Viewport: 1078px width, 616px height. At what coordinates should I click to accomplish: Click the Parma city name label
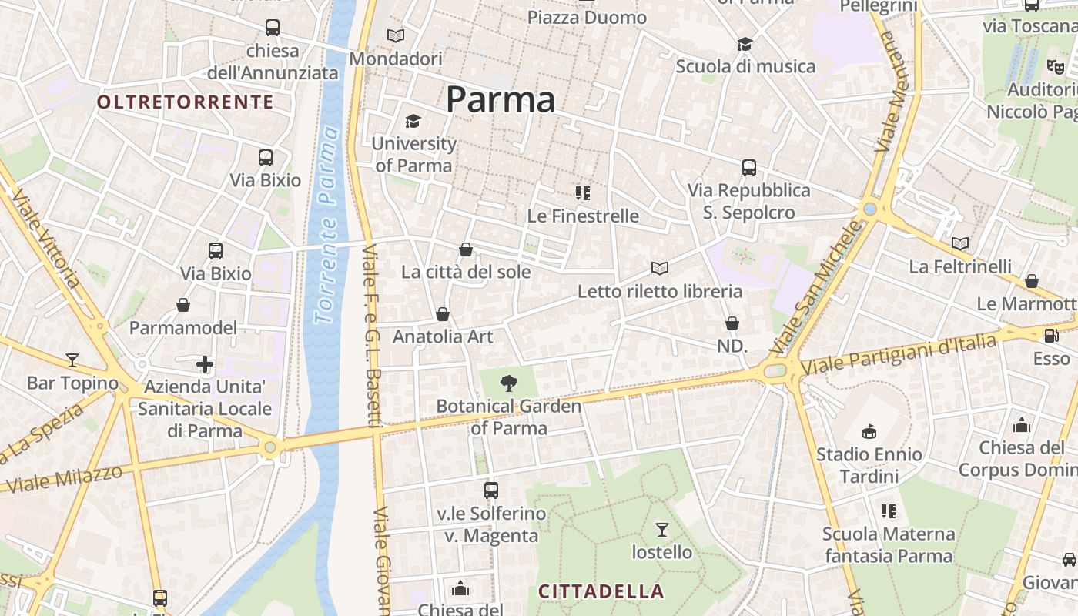click(x=500, y=100)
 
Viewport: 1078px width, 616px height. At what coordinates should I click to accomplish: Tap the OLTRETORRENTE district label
click(x=186, y=102)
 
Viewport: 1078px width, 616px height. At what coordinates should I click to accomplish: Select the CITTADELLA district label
click(x=601, y=591)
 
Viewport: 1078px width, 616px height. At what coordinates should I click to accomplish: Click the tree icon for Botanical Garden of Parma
click(x=508, y=383)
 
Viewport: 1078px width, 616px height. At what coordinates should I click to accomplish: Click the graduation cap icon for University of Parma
click(x=413, y=122)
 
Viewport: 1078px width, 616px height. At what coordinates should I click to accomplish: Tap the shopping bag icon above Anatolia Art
click(x=443, y=314)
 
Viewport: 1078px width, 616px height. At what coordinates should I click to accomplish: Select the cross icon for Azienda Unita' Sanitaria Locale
click(x=205, y=363)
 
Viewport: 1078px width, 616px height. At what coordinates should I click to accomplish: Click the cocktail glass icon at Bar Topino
click(x=72, y=360)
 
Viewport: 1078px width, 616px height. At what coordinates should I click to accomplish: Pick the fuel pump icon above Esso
click(x=1051, y=336)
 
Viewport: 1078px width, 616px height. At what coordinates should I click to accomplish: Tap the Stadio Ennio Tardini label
click(x=869, y=465)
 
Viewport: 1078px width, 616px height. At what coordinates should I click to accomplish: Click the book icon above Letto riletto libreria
click(x=660, y=268)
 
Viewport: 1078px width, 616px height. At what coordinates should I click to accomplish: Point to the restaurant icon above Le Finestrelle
click(x=583, y=192)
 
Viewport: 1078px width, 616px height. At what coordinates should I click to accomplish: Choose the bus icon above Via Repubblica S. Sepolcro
click(x=748, y=167)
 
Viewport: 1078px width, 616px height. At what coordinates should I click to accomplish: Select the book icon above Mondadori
click(x=396, y=35)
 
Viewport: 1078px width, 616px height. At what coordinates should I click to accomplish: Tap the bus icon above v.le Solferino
click(x=491, y=490)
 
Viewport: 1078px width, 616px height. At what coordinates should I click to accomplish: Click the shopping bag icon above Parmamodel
click(x=183, y=306)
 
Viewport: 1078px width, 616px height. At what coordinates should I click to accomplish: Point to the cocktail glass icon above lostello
click(x=662, y=529)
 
